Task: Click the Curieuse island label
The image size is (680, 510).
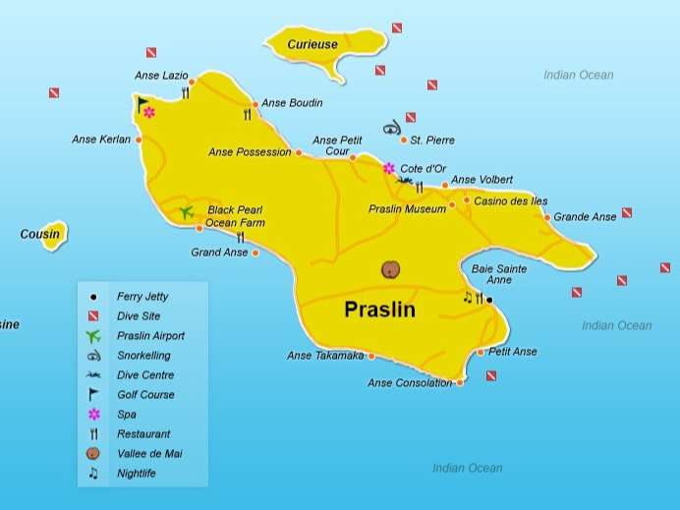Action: click(x=312, y=45)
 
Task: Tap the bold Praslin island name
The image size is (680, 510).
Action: click(x=379, y=311)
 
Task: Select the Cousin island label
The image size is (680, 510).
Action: click(x=39, y=235)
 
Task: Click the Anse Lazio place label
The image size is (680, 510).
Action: click(x=161, y=76)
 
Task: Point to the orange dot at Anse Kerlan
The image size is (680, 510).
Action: click(x=139, y=140)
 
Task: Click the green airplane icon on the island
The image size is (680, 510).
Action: click(x=187, y=212)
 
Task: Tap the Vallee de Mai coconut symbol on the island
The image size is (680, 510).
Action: click(x=392, y=269)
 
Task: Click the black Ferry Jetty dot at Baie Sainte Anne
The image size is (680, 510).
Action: click(x=489, y=299)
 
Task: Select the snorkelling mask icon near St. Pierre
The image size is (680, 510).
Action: click(x=392, y=127)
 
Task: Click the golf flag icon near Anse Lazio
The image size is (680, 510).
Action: click(x=142, y=101)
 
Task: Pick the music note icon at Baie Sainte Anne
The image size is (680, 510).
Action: click(x=467, y=297)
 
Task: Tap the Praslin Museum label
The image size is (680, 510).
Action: click(x=407, y=209)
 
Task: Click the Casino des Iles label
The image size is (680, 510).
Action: click(x=511, y=201)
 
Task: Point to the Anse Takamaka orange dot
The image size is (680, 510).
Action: click(x=370, y=356)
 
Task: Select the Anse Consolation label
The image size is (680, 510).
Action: click(x=410, y=383)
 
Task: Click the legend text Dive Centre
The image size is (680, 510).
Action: click(x=144, y=375)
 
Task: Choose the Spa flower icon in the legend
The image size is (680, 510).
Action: click(x=93, y=415)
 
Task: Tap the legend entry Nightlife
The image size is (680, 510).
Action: click(x=136, y=474)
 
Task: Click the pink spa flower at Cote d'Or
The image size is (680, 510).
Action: click(x=389, y=168)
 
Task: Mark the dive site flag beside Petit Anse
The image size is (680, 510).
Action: click(x=490, y=375)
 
